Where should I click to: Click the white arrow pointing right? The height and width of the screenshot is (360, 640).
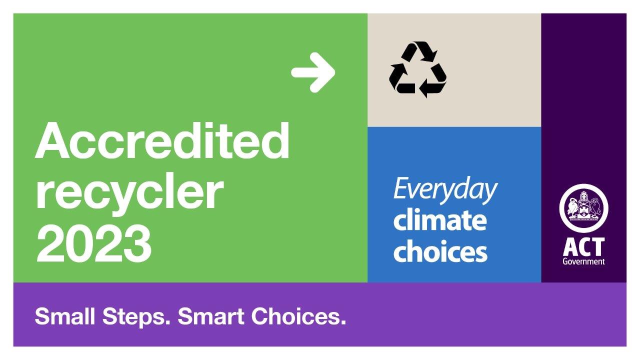pos(313,72)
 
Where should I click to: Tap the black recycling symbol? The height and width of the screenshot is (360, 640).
pos(417,69)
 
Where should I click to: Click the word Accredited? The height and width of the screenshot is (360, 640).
pos(162,140)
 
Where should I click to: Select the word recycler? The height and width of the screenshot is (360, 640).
pos(129,191)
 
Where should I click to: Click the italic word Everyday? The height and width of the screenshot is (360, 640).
pos(445,190)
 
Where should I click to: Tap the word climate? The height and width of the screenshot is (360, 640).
pos(440,220)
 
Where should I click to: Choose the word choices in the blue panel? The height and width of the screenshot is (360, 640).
pos(440,251)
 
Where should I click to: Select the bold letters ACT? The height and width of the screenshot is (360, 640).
pos(583,247)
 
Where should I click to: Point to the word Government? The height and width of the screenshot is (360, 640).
pos(583,261)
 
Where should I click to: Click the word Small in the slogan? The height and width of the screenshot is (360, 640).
pos(64,316)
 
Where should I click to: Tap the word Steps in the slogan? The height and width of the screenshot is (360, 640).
pos(136,317)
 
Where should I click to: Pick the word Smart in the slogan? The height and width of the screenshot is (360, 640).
pos(211,316)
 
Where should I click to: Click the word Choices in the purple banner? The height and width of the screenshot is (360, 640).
pos(298,316)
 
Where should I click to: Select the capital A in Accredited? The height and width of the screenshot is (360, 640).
pos(52,140)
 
